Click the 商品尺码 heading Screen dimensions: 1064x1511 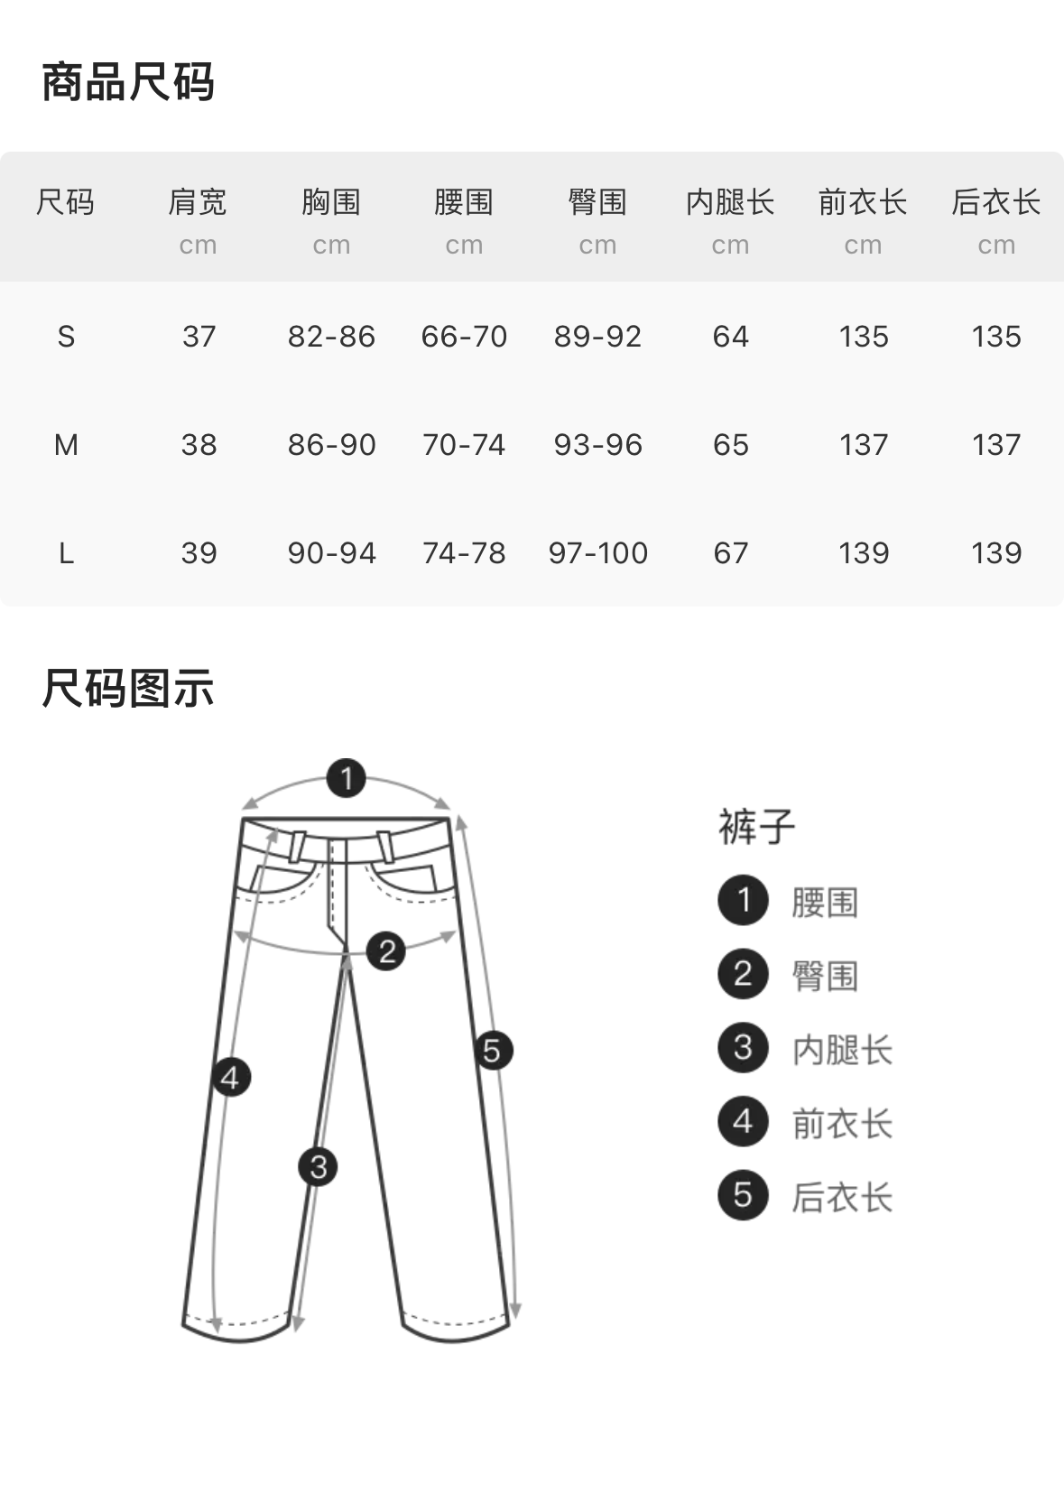coord(128,83)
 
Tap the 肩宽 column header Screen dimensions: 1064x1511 coord(198,202)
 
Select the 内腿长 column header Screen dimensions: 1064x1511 coord(730,202)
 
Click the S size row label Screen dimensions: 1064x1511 coord(66,337)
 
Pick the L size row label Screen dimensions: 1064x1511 coord(66,552)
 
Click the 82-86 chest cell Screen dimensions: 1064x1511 coord(331,337)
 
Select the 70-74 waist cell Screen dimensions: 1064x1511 coord(464,445)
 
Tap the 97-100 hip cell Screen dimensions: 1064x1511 coord(597,552)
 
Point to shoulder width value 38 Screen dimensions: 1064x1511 coord(199,445)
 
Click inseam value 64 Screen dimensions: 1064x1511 coord(730,337)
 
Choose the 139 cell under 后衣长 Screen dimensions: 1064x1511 coord(996,552)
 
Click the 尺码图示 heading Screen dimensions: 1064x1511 coord(128,690)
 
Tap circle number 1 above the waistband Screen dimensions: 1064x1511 coord(346,778)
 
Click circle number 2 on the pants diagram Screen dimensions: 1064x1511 coord(386,950)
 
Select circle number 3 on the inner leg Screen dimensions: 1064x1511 coord(318,1166)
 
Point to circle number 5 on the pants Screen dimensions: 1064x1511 coord(493,1051)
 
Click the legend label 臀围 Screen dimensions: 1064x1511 coord(824,976)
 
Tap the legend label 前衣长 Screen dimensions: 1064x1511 coord(842,1124)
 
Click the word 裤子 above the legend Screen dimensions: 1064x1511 coord(756,827)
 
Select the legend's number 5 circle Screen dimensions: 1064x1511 coord(743,1195)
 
